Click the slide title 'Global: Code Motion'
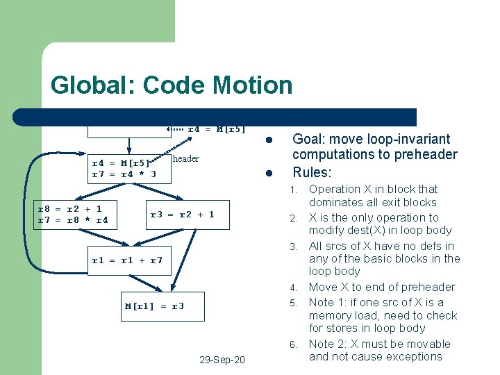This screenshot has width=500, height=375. point(172,85)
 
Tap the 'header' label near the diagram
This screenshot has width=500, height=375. point(185,159)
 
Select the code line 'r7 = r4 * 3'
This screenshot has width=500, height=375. point(124,174)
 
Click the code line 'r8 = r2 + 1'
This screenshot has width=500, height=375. point(69,208)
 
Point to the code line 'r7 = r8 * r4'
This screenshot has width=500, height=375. point(72,221)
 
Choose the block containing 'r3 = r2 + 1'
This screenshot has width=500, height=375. point(183,215)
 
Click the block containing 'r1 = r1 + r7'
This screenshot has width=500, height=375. point(128,260)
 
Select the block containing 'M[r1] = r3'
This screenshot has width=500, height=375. point(154,306)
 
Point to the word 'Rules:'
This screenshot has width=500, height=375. point(312,172)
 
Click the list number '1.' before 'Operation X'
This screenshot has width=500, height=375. point(294,190)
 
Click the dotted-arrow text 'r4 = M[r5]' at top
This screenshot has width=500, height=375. point(217,128)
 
